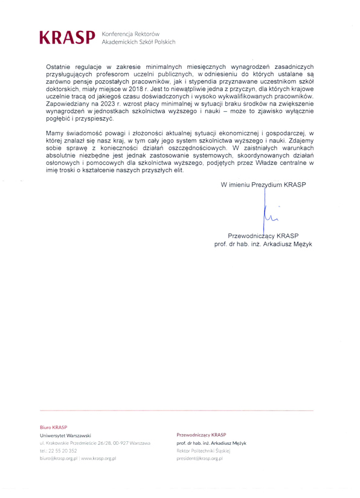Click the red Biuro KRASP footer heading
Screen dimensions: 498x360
53,426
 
